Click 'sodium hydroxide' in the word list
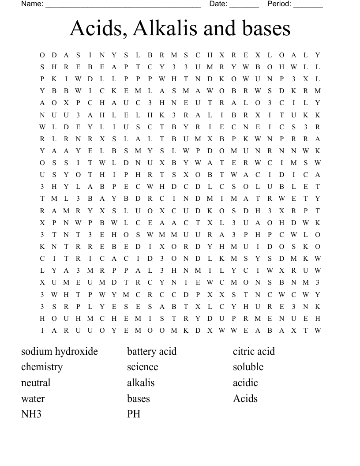[x=60, y=351]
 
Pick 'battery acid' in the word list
[x=152, y=351]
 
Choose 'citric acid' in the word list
[x=254, y=351]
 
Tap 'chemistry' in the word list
[x=42, y=367]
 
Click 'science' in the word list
[x=142, y=367]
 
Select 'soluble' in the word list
[x=248, y=367]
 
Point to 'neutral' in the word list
[x=36, y=383]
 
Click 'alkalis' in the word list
[x=141, y=383]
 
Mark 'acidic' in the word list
[x=245, y=383]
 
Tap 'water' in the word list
[x=33, y=398]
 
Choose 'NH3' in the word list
[x=31, y=414]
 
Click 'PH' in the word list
[x=134, y=414]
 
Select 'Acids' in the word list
[x=245, y=398]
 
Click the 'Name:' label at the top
[x=32, y=4]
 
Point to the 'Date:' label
[x=218, y=4]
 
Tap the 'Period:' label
[x=279, y=4]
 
